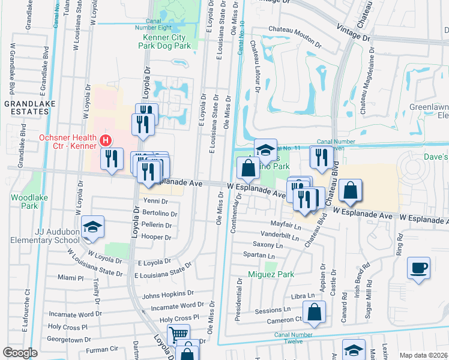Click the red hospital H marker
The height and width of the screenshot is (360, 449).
106,141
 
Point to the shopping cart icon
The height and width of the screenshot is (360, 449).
178,334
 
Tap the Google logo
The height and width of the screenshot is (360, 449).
20,353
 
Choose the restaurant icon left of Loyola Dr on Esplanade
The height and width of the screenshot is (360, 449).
112,159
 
